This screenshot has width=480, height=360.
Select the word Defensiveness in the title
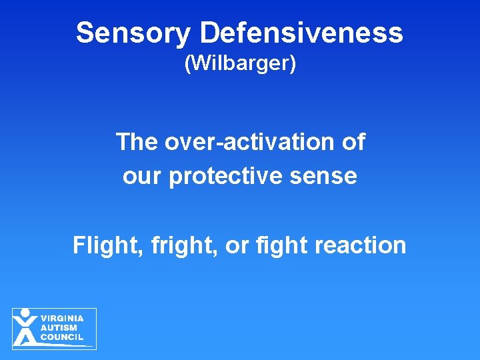(x=302, y=33)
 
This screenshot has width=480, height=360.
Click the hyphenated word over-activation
(x=250, y=142)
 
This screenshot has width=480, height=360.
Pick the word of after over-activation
(x=353, y=142)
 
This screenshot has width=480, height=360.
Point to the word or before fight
(x=237, y=245)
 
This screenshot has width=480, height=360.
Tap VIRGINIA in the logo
(x=62, y=318)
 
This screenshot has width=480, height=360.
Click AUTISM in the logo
(x=59, y=328)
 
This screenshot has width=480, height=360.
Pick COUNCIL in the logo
(x=62, y=338)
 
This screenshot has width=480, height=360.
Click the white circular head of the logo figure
(x=25, y=313)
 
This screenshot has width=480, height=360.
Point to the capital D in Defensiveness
(x=211, y=33)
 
